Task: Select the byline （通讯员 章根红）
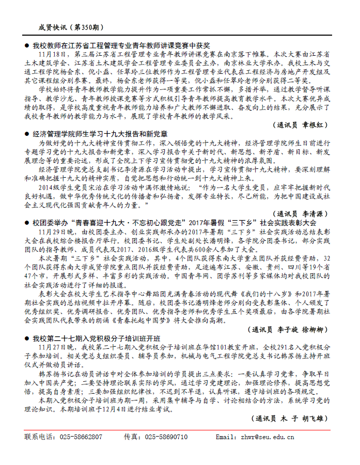301,125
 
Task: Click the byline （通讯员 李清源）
301,213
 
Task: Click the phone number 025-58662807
83,437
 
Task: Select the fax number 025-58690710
166,437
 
